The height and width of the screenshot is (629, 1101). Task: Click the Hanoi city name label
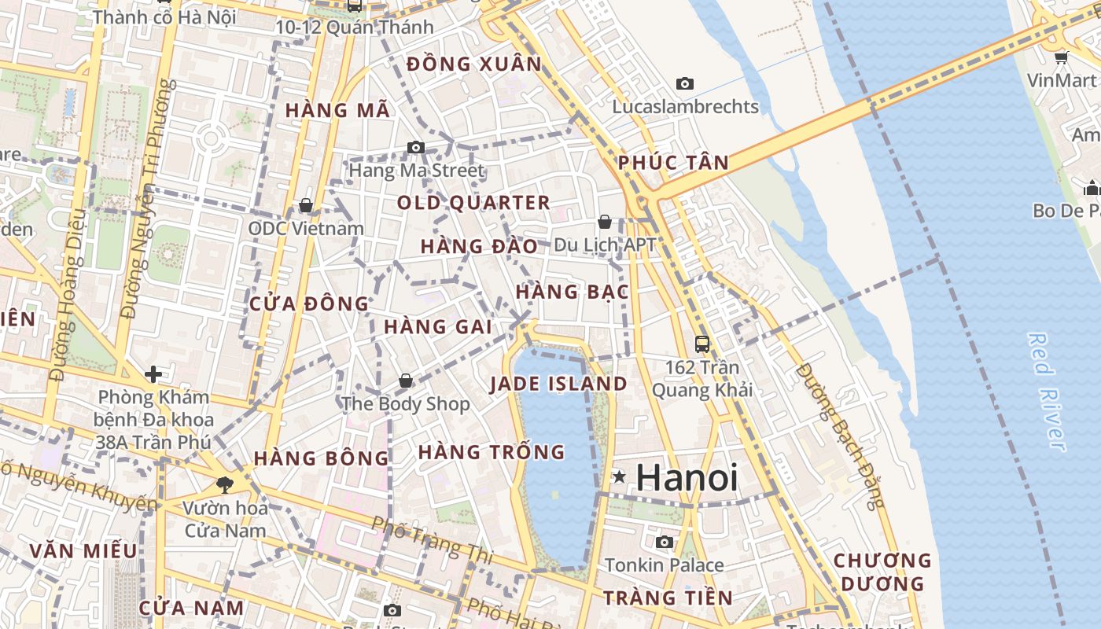[687, 477]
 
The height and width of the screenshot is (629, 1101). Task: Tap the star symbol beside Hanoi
[620, 476]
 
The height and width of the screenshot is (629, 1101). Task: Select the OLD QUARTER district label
[473, 203]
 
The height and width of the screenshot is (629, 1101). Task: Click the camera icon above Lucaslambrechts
[685, 83]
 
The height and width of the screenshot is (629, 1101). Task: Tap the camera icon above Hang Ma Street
[416, 147]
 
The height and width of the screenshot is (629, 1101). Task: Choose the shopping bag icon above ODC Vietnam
[306, 205]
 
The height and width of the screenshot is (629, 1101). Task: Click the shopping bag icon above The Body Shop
[406, 381]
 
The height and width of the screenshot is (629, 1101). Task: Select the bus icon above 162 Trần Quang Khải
[702, 344]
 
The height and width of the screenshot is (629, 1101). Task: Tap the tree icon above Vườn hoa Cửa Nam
[225, 484]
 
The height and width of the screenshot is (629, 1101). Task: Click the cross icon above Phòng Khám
[153, 373]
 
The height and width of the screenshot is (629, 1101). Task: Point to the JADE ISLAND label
[558, 384]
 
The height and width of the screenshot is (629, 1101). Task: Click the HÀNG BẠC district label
[573, 292]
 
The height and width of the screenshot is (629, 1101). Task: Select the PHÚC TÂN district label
[673, 163]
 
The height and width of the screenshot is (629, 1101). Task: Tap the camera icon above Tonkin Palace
[665, 542]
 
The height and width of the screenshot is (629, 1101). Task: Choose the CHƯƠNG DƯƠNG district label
[882, 572]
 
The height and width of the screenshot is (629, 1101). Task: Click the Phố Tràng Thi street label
[431, 539]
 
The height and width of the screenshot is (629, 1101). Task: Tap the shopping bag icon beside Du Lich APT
[605, 222]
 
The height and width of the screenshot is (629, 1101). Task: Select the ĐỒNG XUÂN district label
[474, 64]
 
